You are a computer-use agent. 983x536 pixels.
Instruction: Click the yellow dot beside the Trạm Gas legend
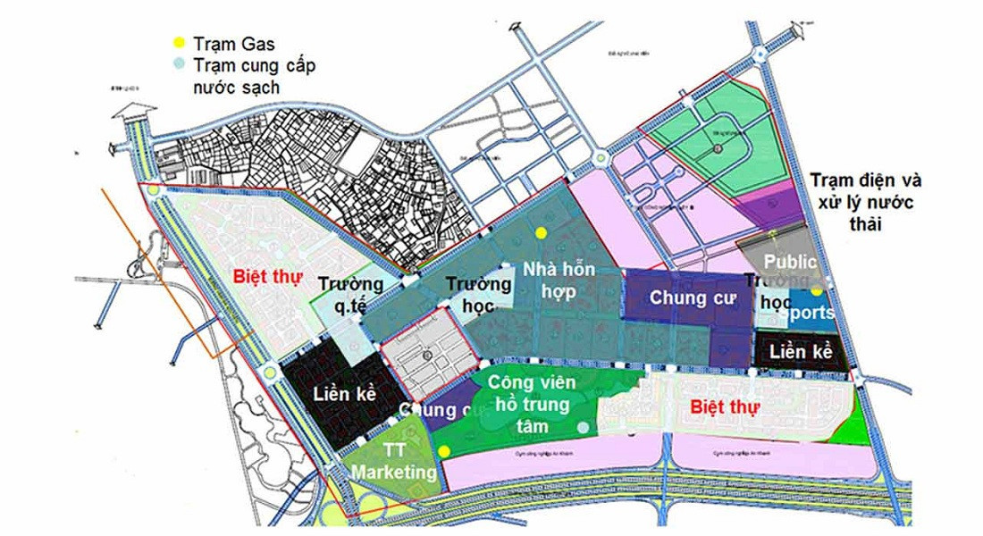(180, 42)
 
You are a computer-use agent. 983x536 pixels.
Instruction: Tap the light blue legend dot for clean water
(180, 64)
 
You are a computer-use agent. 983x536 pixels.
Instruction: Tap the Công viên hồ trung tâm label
(532, 403)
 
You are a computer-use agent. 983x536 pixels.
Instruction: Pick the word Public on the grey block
(790, 263)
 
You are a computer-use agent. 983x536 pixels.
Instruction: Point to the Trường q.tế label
(351, 294)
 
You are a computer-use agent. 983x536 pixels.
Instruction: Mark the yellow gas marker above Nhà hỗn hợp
(541, 232)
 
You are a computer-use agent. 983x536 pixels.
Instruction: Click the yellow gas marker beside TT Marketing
(444, 451)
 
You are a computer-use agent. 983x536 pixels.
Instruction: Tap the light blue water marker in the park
(584, 428)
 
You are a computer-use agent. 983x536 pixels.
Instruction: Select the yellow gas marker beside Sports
(818, 292)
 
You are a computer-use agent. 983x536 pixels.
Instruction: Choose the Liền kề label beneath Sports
(801, 352)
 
